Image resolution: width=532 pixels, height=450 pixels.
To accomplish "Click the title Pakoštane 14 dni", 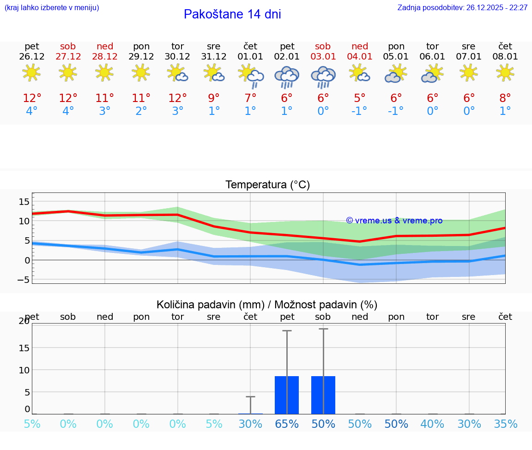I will (x=232, y=14).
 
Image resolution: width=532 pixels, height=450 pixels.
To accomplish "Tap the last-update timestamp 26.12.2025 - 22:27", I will (x=497, y=8).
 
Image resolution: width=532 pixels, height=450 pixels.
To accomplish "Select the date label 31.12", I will (x=214, y=57).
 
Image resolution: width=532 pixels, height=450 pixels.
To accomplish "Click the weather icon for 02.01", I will (x=287, y=77).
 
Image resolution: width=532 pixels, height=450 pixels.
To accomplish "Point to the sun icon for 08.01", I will (x=505, y=72).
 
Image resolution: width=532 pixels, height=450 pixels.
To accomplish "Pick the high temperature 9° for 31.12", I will (x=214, y=98).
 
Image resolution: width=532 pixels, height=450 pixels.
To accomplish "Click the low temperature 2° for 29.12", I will (x=141, y=111).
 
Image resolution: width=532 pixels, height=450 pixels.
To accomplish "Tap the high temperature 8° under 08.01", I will (x=505, y=98).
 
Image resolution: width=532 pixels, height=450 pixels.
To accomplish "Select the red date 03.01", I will (x=323, y=57).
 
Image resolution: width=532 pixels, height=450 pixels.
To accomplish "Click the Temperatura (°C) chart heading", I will (x=267, y=185).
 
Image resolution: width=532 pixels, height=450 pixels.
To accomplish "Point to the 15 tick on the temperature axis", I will (x=24, y=201).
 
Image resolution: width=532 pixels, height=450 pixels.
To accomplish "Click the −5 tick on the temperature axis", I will (x=24, y=280).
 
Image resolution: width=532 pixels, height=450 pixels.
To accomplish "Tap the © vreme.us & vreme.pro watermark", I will (x=394, y=221).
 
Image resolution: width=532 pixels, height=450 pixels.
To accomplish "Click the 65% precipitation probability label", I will (x=287, y=424).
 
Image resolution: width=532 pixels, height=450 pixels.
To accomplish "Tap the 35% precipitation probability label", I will (x=505, y=424).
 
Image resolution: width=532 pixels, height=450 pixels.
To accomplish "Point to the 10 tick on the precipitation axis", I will (x=24, y=370).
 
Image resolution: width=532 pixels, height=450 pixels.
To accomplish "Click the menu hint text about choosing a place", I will (x=52, y=8).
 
